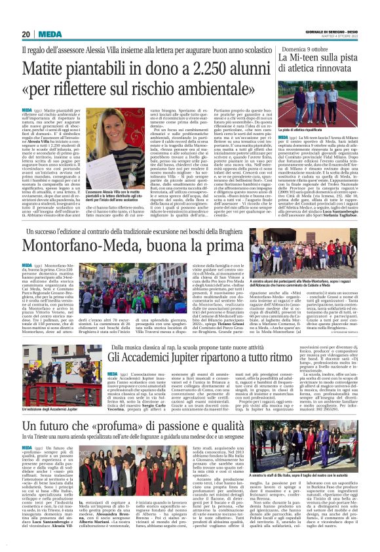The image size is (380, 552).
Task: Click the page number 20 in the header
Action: tap(26, 34)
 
